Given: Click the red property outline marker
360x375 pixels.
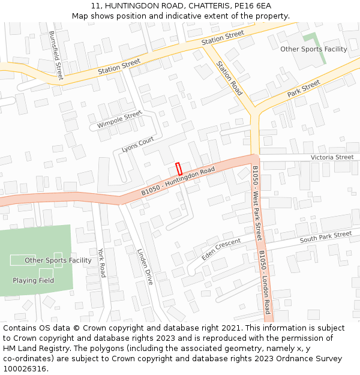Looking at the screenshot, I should [178, 169].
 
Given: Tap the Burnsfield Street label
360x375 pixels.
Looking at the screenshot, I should [55, 55].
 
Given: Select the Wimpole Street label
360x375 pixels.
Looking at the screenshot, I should [119, 119].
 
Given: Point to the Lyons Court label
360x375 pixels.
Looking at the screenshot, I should [138, 145].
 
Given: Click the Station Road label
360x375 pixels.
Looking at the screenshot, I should [229, 78].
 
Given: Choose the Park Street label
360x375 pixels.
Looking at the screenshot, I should [304, 89].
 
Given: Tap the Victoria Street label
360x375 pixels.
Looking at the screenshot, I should [332, 157].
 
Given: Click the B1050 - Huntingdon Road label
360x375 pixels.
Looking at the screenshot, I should [178, 181].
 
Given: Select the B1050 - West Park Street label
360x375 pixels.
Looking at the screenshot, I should [256, 203].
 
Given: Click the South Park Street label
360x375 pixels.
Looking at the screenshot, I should [326, 236].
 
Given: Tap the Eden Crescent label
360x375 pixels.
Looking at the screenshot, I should [221, 248].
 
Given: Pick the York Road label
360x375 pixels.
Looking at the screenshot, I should [101, 262].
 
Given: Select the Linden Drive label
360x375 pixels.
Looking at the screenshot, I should [145, 266].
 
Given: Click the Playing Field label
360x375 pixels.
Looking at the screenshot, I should [34, 280].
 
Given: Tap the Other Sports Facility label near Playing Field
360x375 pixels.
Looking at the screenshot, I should [58, 260].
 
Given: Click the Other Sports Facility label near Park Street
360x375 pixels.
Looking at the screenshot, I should [314, 49].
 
